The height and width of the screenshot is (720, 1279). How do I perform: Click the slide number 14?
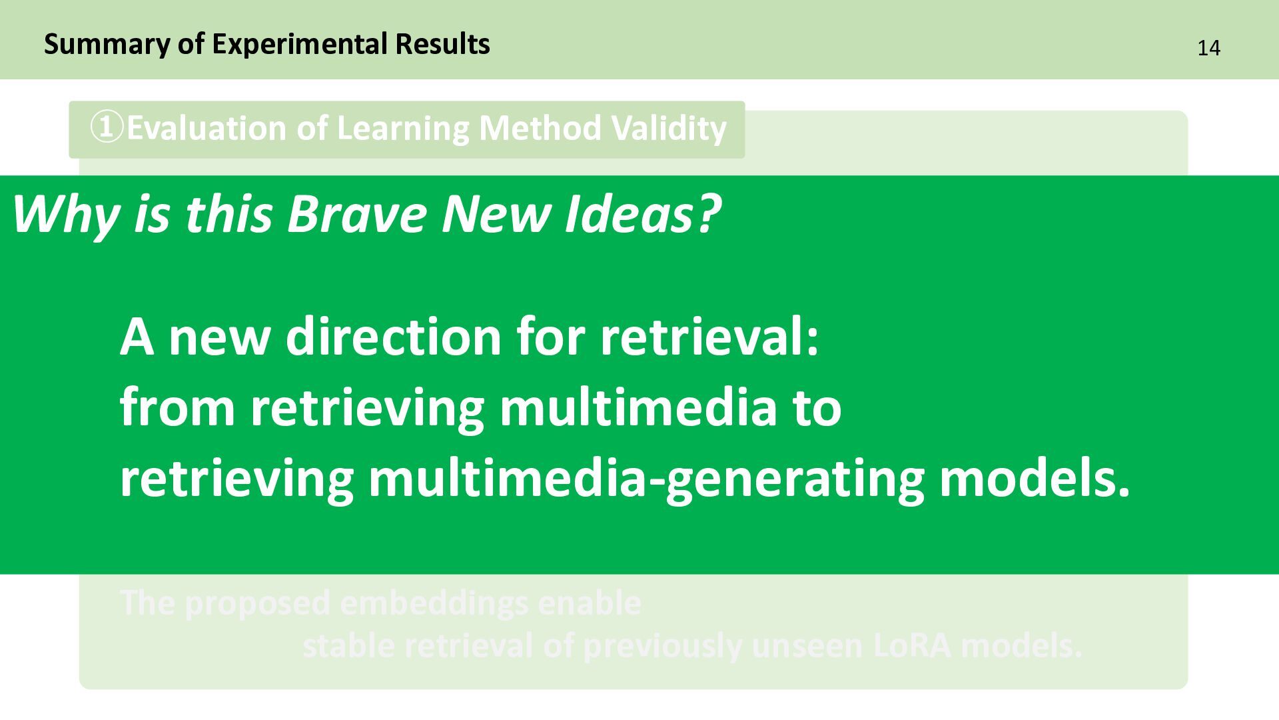coord(1208,49)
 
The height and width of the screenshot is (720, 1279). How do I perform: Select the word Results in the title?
coord(442,44)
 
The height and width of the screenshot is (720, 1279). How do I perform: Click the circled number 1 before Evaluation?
coord(107,128)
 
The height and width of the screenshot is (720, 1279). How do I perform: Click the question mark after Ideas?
coord(708,215)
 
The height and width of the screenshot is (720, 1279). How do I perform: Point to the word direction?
coord(393,337)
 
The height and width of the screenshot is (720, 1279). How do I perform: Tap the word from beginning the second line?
coord(177,407)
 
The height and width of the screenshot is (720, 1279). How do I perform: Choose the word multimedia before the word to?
coord(638,407)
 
